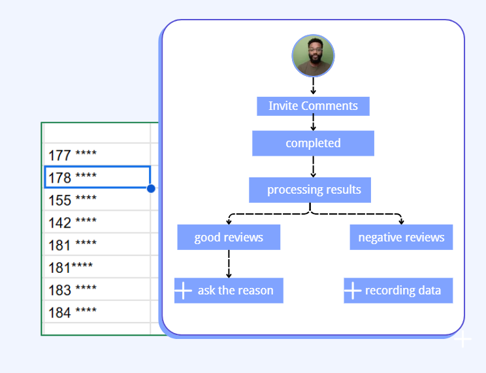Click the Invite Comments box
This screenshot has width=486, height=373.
click(x=313, y=106)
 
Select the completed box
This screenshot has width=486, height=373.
click(x=313, y=143)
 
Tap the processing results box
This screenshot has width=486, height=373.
click(x=310, y=190)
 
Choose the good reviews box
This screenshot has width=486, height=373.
click(x=229, y=238)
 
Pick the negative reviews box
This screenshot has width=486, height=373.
click(x=401, y=238)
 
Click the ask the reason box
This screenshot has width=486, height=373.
click(x=229, y=291)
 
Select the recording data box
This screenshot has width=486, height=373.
click(x=398, y=291)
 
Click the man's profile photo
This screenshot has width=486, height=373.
click(x=313, y=56)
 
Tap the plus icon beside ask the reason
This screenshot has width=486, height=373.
click(x=183, y=291)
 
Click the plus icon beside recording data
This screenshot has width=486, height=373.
click(x=353, y=291)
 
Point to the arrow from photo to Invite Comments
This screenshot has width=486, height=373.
click(x=313, y=86)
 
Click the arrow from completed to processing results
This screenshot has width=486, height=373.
click(x=313, y=167)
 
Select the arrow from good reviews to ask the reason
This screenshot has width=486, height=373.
click(x=229, y=264)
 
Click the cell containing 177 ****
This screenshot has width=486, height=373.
click(x=97, y=154)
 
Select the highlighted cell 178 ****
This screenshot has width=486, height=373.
click(x=97, y=177)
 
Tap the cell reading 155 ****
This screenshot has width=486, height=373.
click(x=97, y=200)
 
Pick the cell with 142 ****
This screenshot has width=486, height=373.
click(x=97, y=222)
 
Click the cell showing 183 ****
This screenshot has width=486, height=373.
click(x=97, y=289)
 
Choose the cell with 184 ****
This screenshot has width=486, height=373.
click(x=97, y=311)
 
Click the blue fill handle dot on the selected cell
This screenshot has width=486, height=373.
click(x=151, y=188)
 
